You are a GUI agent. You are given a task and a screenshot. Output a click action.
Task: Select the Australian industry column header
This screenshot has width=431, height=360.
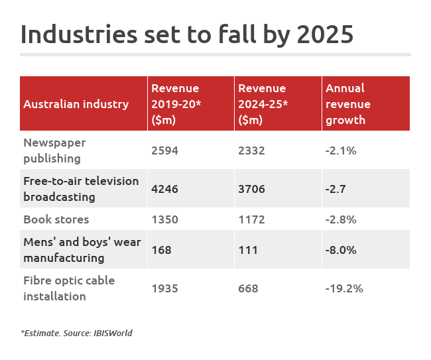[76, 104]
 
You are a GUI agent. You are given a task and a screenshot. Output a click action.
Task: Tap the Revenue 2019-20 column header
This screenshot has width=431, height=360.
[175, 104]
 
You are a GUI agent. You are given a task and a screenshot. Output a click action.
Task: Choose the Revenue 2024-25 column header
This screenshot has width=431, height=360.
[262, 104]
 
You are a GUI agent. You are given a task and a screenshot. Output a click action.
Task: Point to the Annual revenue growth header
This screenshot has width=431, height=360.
[347, 104]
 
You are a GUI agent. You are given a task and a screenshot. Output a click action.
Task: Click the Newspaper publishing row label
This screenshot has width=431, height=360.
[54, 150]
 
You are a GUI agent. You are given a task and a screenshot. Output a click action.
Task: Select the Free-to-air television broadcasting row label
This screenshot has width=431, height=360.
[81, 189]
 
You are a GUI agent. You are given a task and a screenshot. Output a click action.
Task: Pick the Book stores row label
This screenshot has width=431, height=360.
[56, 219]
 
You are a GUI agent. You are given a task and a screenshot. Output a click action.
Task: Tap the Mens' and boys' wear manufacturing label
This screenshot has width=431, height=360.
[82, 250]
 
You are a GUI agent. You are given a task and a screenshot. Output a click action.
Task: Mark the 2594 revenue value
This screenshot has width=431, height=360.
[164, 150]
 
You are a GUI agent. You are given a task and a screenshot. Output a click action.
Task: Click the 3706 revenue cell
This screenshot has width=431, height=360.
[251, 189]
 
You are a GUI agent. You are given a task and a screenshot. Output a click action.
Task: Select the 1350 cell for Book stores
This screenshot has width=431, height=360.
[164, 219]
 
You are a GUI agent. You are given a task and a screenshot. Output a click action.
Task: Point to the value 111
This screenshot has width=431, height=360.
[247, 250]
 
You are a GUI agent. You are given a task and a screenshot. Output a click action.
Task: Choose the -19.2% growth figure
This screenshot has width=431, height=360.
[344, 288]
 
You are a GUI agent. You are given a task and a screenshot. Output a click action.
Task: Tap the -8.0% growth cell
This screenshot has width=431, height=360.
[341, 250]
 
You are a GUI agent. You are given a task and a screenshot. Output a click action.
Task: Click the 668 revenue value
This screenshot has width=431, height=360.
[248, 288]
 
